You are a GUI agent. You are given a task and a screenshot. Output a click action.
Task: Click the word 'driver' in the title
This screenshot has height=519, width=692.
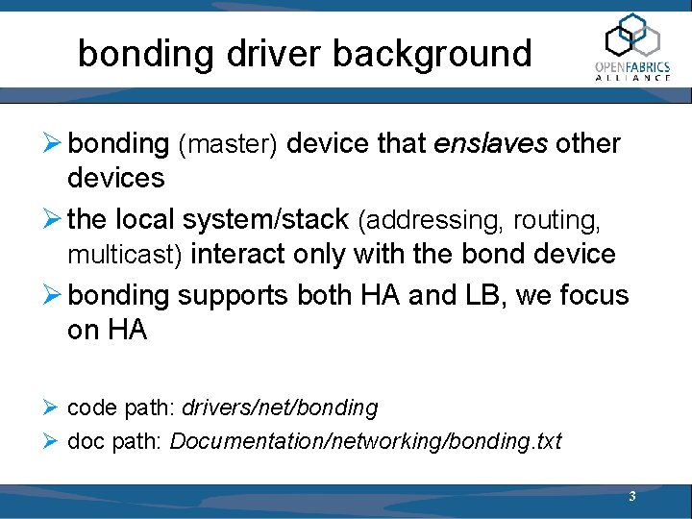[274, 53]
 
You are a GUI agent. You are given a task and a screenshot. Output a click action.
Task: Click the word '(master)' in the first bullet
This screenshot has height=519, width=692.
[228, 144]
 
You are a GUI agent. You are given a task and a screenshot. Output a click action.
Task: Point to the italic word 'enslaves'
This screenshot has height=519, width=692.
[489, 144]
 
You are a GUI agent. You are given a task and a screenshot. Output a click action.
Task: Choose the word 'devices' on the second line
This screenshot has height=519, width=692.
[115, 178]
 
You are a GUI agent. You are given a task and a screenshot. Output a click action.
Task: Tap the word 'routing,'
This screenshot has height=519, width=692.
[556, 220]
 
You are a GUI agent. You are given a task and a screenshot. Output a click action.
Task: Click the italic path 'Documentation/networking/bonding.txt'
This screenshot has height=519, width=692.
[366, 441]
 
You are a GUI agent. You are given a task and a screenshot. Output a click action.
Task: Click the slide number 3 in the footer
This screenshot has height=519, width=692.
[631, 497]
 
